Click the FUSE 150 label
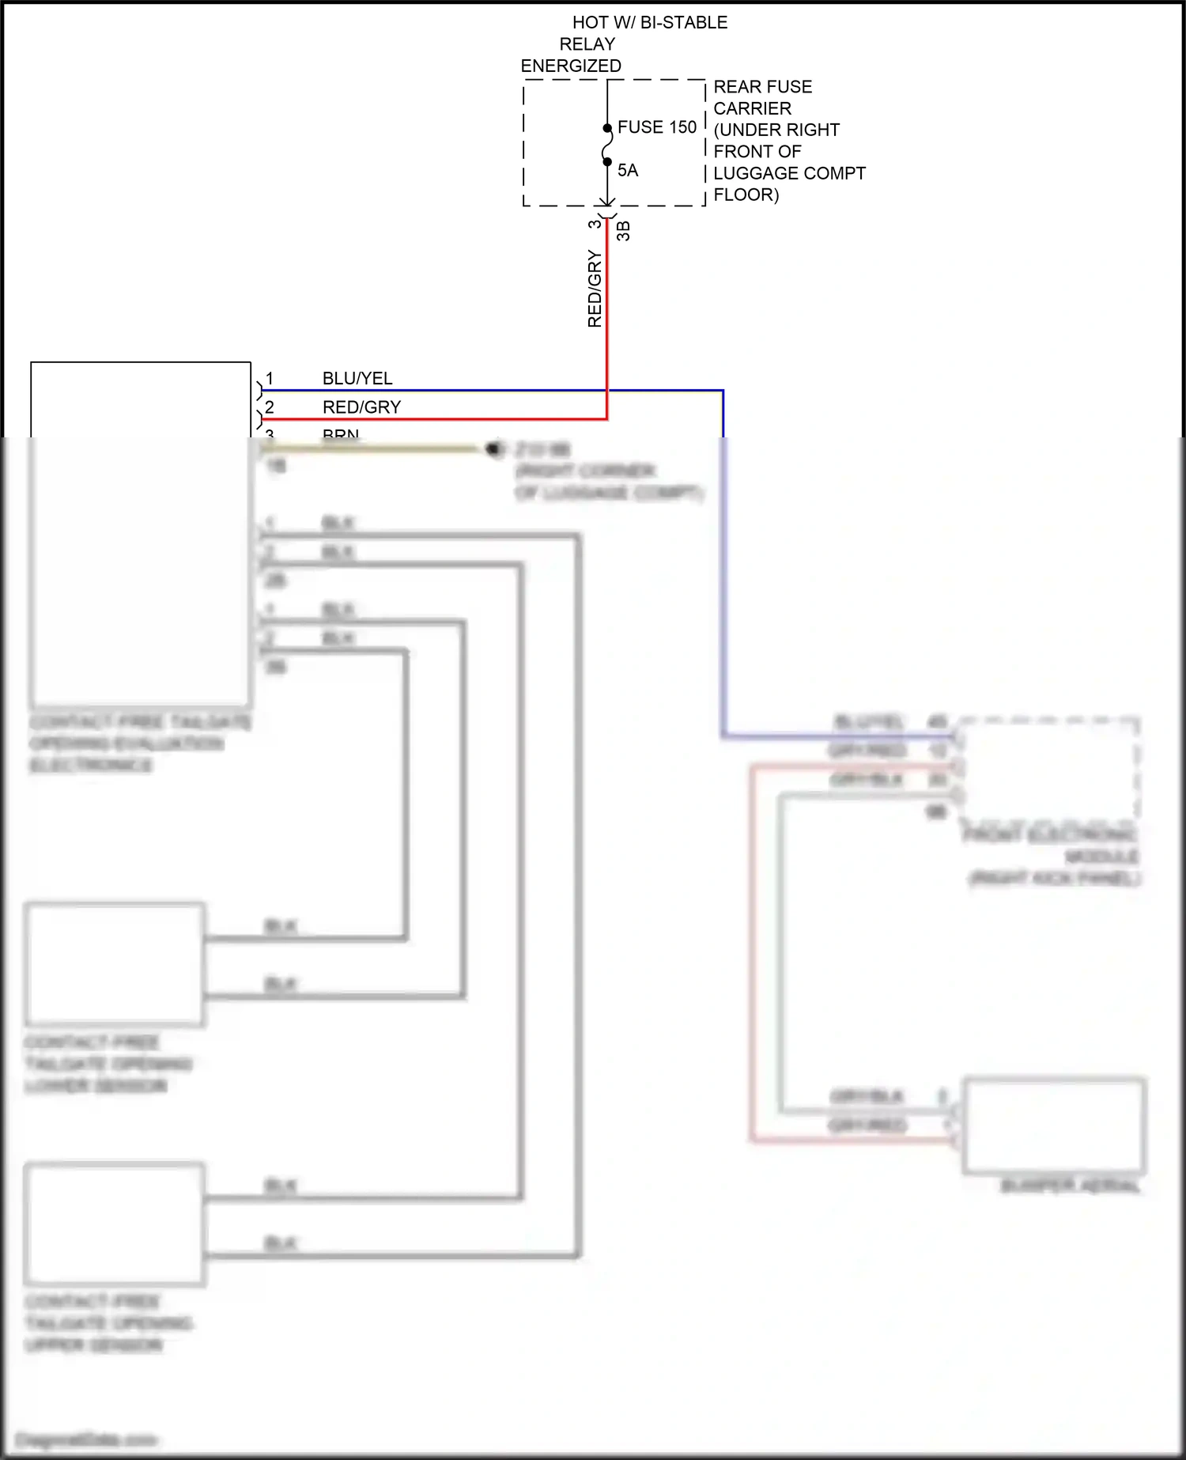click(x=656, y=127)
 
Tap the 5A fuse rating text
click(x=628, y=171)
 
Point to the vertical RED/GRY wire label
click(x=595, y=289)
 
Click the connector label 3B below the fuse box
click(x=623, y=231)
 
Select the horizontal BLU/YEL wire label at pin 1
click(x=357, y=379)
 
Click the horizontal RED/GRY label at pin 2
click(x=361, y=407)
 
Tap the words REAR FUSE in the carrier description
click(x=762, y=87)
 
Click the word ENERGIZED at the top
click(x=571, y=66)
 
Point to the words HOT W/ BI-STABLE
click(x=649, y=23)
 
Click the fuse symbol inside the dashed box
click(x=607, y=146)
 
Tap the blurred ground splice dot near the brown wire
click(x=495, y=449)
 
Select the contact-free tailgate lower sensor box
click(x=115, y=964)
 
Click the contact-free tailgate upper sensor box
click(x=115, y=1224)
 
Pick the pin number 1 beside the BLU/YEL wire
click(x=270, y=379)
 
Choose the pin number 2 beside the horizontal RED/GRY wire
click(x=270, y=407)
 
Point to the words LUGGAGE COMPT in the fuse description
click(x=789, y=173)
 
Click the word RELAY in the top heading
click(x=587, y=44)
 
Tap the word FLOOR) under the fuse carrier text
click(x=746, y=195)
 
